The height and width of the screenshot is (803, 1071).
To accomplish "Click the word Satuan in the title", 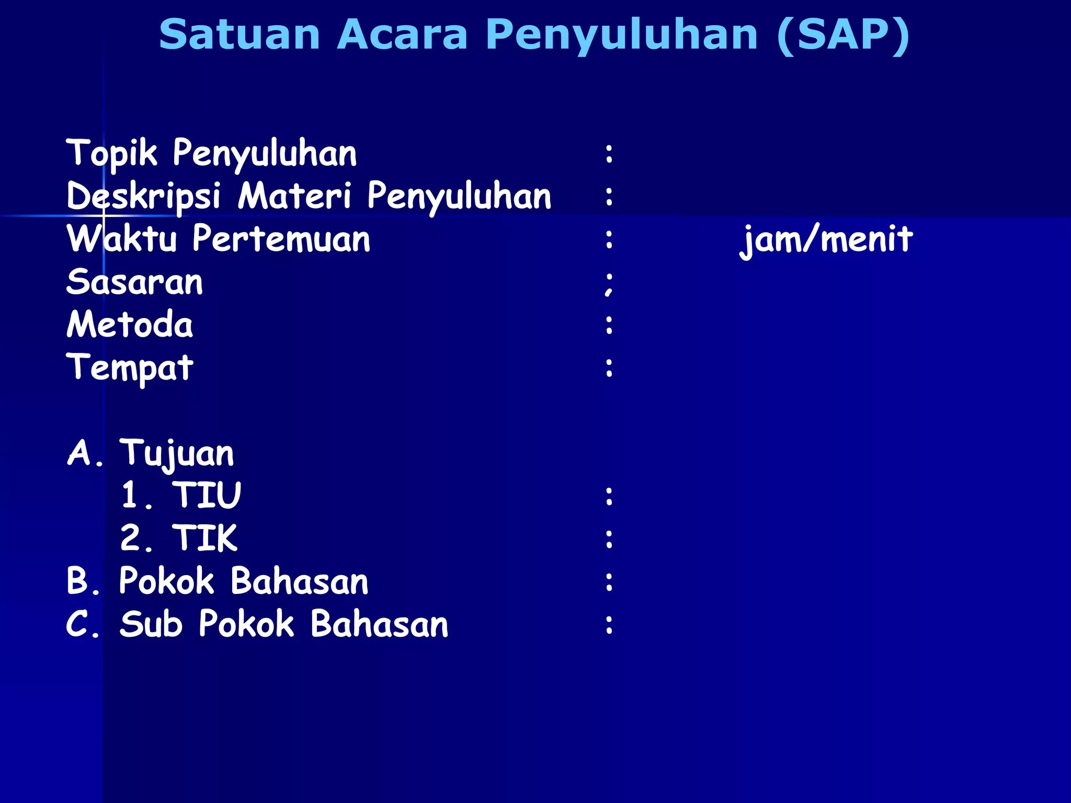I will pyautogui.click(x=240, y=35).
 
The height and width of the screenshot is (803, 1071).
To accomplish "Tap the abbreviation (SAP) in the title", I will pyautogui.click(x=843, y=35).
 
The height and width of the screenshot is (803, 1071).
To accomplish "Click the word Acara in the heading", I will pyautogui.click(x=402, y=35).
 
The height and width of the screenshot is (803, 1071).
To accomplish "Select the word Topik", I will pyautogui.click(x=111, y=154).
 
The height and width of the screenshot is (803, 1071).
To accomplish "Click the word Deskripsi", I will pyautogui.click(x=143, y=197).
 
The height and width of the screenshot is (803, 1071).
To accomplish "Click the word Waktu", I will pyautogui.click(x=122, y=239).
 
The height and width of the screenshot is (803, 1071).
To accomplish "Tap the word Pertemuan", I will pyautogui.click(x=281, y=239).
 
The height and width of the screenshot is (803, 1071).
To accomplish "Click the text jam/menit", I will pyautogui.click(x=826, y=239).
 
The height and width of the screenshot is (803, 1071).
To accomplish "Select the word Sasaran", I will pyautogui.click(x=134, y=282).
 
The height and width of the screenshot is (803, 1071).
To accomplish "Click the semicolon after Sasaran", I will pyautogui.click(x=609, y=284).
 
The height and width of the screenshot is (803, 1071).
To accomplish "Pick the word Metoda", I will pyautogui.click(x=130, y=325).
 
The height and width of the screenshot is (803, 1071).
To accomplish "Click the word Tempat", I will pyautogui.click(x=130, y=368).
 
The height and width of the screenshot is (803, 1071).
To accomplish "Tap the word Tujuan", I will pyautogui.click(x=177, y=453).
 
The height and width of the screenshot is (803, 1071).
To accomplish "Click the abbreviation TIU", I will pyautogui.click(x=207, y=495).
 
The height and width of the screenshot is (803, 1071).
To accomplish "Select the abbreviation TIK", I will pyautogui.click(x=205, y=538).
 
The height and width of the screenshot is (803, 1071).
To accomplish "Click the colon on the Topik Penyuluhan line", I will pyautogui.click(x=609, y=154).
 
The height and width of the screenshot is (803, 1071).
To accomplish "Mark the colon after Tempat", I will pyautogui.click(x=609, y=368).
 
